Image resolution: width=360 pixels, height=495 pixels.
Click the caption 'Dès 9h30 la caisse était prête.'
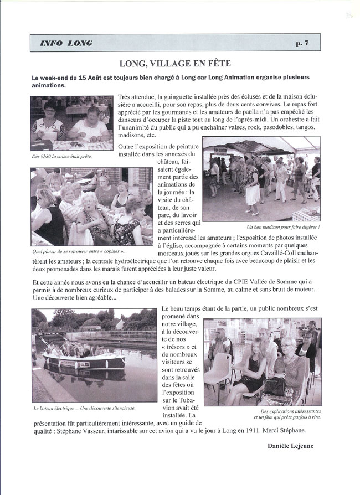click(62, 156)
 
